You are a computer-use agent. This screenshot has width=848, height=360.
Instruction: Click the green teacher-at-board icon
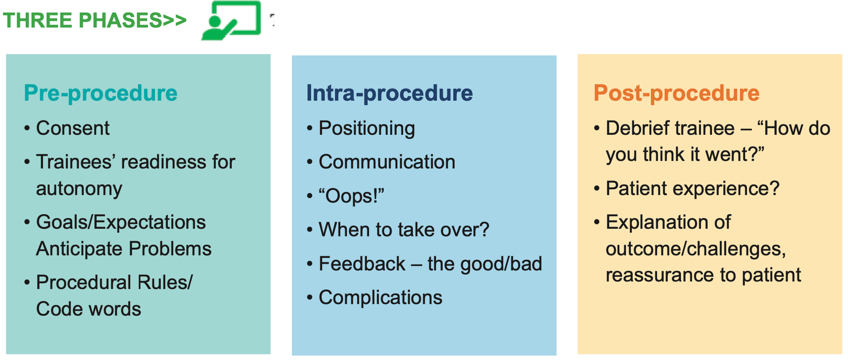point(231,20)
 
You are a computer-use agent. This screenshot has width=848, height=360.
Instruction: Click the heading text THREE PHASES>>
point(94,21)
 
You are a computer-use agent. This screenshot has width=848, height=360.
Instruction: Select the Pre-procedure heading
point(100,93)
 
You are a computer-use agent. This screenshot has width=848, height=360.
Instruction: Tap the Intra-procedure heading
point(389,93)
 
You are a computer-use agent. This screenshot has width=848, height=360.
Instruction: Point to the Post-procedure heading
point(676,93)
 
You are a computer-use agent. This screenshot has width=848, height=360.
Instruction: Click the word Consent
point(73,128)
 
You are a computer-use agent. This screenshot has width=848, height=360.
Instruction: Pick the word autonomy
point(79,189)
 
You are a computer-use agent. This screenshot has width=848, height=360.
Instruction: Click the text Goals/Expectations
point(121,222)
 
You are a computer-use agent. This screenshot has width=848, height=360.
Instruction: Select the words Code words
point(89,309)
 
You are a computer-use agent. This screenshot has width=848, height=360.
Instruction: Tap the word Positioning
point(367,128)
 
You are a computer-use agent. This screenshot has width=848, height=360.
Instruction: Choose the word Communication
point(387,162)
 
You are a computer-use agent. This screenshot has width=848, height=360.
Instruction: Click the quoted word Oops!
point(351,196)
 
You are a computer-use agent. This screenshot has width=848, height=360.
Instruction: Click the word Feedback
point(362,264)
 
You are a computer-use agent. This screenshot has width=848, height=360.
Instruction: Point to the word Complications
point(381,298)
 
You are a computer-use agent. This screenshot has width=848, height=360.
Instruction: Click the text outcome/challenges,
point(695,249)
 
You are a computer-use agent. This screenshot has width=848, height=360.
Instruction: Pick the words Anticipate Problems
point(123,249)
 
